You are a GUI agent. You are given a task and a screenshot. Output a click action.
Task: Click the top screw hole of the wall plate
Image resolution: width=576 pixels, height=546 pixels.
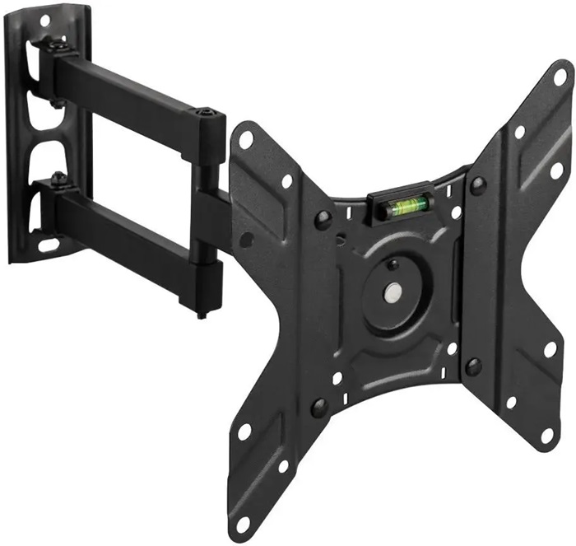click(x=43, y=17)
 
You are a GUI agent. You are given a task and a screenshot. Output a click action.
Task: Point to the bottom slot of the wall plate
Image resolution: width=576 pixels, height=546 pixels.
click(x=49, y=245)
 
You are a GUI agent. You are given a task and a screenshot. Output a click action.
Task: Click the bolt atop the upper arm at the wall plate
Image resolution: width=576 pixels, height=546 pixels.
click(x=56, y=44)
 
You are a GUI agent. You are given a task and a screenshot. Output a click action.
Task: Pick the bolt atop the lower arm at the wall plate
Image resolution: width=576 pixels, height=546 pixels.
click(x=56, y=175)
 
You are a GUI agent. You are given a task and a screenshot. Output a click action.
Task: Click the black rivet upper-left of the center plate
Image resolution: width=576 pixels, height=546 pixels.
click(x=323, y=220)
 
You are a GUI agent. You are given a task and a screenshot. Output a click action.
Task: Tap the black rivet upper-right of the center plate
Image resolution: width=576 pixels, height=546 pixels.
click(x=476, y=185)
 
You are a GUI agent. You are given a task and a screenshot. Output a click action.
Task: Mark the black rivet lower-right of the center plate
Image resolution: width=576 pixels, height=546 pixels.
click(x=472, y=366)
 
